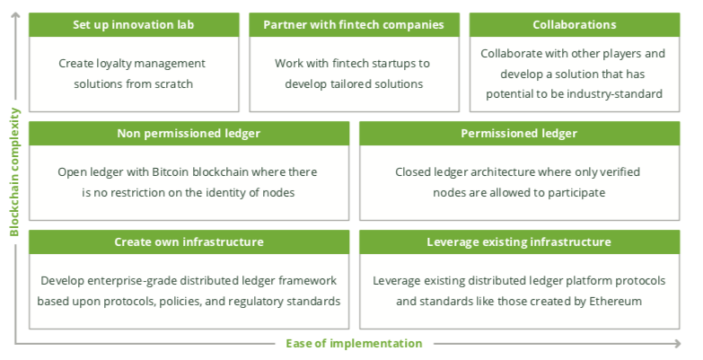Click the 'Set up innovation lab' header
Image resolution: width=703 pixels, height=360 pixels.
(x=134, y=24)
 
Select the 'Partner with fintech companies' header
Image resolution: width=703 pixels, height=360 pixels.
(x=354, y=24)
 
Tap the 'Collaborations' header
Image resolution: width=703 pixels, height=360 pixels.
(x=575, y=24)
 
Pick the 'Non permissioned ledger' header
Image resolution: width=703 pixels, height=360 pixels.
(x=189, y=133)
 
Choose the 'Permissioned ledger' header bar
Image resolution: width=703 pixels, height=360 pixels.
(x=519, y=133)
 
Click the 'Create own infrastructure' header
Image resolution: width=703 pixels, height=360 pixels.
(x=189, y=242)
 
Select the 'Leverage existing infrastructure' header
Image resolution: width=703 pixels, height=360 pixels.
(x=519, y=242)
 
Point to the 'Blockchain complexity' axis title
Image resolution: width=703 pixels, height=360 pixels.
(x=14, y=171)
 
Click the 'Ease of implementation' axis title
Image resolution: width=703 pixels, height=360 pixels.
(x=354, y=344)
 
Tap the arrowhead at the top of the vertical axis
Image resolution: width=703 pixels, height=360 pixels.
(x=15, y=15)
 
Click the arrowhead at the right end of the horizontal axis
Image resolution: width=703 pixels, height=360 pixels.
(x=677, y=344)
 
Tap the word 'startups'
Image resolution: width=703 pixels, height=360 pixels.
(x=394, y=64)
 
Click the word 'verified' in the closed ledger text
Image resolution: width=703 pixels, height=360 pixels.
(x=621, y=172)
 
